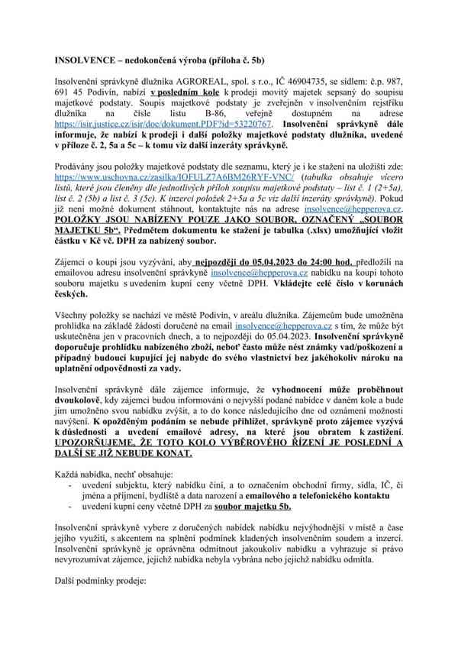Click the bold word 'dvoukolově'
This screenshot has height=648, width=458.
pos(84,400)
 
